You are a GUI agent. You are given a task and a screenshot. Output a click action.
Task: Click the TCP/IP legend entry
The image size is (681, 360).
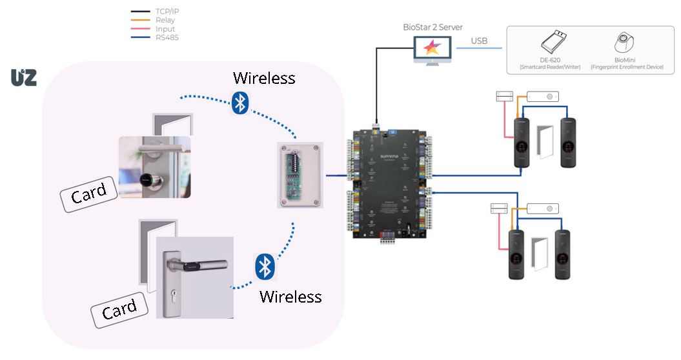point(166,12)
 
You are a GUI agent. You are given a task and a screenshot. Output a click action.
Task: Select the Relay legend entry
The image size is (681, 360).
point(165,20)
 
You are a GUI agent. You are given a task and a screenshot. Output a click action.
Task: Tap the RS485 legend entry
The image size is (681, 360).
point(167,37)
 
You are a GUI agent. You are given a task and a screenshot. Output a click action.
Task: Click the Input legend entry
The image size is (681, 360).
point(165,29)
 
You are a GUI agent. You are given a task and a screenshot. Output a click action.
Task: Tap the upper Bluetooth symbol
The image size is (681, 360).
point(240,103)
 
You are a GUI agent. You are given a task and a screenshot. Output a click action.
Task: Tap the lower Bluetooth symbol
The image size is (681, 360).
point(263,266)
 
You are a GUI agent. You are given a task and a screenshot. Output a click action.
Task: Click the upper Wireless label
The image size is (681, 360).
point(264,78)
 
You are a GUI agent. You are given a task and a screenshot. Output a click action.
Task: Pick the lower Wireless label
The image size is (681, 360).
point(290,297)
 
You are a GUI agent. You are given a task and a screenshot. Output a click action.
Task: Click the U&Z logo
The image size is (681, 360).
point(24,77)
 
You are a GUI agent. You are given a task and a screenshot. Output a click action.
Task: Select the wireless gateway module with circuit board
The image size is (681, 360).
point(300,174)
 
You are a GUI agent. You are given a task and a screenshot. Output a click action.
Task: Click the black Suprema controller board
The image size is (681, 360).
point(390,183)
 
